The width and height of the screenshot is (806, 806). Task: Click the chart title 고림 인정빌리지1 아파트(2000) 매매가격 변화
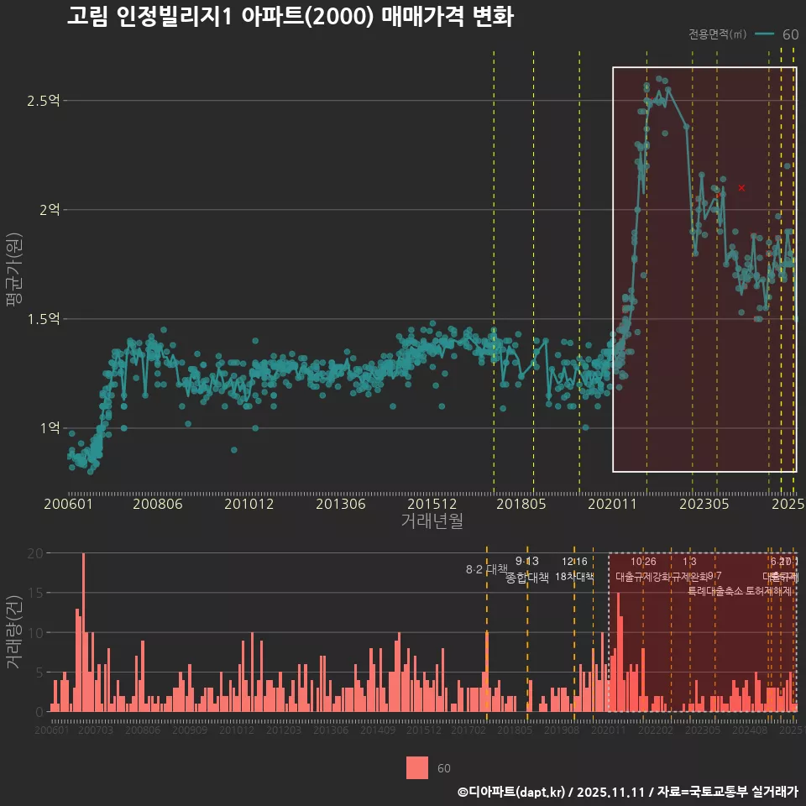tap(290, 18)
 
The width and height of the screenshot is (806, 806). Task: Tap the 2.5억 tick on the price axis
tap(43, 101)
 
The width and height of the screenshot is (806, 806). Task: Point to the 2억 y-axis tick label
tap(47, 210)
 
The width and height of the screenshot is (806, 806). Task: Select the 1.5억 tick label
tap(43, 319)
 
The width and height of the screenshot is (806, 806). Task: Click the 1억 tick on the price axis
tap(47, 428)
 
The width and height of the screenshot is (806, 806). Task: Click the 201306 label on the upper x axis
tap(340, 505)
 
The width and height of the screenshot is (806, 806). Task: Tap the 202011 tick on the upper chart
tap(613, 505)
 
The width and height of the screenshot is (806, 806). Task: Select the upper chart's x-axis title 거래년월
tap(432, 521)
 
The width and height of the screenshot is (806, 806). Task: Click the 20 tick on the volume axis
tap(35, 553)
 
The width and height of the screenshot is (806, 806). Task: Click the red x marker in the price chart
tap(741, 187)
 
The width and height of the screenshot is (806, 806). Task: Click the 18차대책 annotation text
tap(575, 577)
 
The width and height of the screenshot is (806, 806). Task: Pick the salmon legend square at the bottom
tap(417, 767)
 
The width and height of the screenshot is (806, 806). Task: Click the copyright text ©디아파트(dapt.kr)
tap(512, 792)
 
